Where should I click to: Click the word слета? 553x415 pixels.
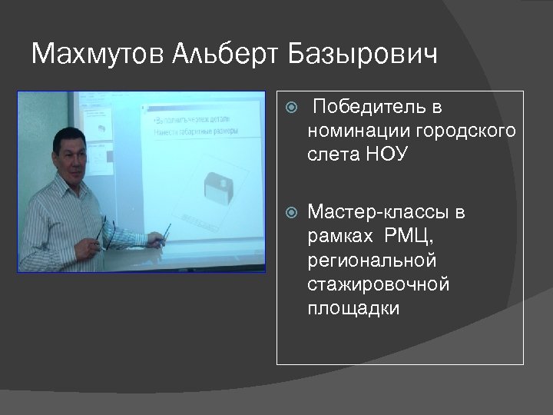[x=333, y=154]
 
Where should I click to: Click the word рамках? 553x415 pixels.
[x=339, y=235]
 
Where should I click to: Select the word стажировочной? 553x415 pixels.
[x=378, y=284]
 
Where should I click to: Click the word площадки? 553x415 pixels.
[x=353, y=309]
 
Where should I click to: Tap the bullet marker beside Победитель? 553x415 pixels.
[x=290, y=107]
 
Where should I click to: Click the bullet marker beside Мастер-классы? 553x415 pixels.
[x=290, y=211]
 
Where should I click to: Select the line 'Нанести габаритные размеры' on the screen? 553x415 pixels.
[x=195, y=131]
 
